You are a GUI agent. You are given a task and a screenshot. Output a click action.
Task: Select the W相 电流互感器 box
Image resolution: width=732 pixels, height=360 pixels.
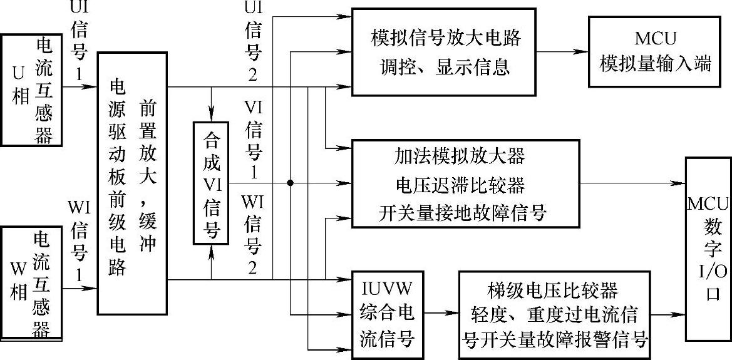[x=32, y=282]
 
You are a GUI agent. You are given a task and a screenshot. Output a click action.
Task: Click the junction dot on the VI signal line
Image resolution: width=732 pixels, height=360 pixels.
[x=290, y=183]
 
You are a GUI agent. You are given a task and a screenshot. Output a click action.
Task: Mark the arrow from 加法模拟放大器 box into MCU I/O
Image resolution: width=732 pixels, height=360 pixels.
[x=632, y=183]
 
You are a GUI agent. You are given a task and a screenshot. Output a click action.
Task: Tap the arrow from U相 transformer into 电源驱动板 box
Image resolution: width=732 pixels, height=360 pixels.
[x=81, y=86]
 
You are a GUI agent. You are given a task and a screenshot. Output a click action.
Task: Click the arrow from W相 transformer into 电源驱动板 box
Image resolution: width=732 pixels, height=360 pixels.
[x=81, y=289]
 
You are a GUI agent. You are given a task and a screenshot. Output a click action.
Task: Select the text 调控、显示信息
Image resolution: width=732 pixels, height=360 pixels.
[x=445, y=66]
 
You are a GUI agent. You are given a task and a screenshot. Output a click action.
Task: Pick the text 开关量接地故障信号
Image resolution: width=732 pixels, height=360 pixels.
[x=463, y=213]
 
